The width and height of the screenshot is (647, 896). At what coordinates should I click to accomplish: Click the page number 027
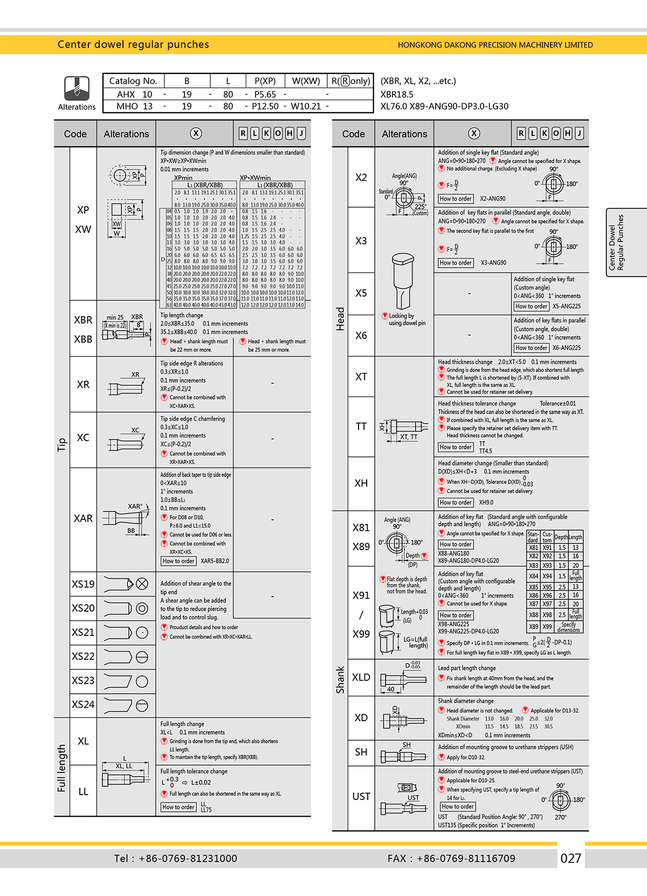click(x=570, y=858)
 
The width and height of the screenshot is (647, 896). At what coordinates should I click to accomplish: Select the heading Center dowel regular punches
click(x=133, y=44)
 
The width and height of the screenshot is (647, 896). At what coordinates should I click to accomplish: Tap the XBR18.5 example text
click(x=397, y=94)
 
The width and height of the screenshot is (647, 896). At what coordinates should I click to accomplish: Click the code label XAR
click(x=83, y=518)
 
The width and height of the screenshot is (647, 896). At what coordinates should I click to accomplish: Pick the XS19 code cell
click(x=83, y=584)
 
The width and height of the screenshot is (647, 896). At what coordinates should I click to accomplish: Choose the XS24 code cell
click(x=83, y=704)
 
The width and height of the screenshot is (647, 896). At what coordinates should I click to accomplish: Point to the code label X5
click(x=361, y=293)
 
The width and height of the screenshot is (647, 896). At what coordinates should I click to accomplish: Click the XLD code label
click(x=361, y=677)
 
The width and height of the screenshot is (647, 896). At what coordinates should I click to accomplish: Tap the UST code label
click(x=361, y=796)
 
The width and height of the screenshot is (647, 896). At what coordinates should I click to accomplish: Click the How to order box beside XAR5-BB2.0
click(x=178, y=561)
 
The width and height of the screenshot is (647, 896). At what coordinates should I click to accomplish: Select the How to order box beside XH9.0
click(x=456, y=502)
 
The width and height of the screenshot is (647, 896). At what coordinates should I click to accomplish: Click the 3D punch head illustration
click(x=403, y=281)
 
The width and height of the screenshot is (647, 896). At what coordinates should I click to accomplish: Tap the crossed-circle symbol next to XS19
click(x=142, y=584)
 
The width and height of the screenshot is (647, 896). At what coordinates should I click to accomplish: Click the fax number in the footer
click(x=451, y=858)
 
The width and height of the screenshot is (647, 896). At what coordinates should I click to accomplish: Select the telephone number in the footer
click(x=176, y=858)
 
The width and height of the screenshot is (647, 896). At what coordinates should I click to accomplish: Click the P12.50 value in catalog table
click(x=265, y=106)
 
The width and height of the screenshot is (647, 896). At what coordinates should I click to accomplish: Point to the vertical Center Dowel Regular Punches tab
click(x=616, y=242)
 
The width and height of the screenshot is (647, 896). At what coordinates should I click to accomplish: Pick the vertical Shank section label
click(x=340, y=680)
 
